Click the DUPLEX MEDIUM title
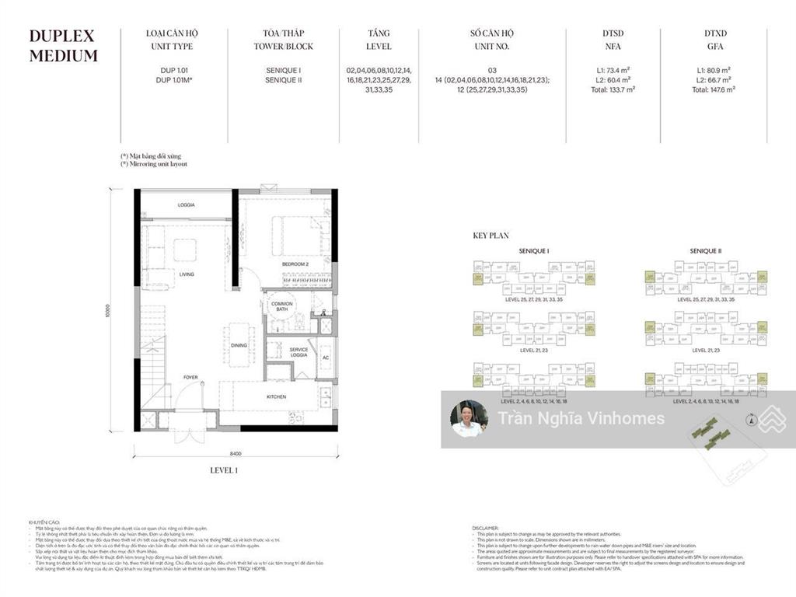coord(63,45)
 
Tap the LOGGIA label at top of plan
coord(186,204)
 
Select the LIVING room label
coord(187,274)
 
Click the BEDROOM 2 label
coord(295,264)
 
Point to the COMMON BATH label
coord(281,306)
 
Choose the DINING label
coord(239,345)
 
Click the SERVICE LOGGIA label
coord(298,352)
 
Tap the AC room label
coord(326,357)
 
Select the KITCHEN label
coord(276,396)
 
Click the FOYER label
coord(190,378)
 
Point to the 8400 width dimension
coord(236,453)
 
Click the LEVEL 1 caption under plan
coord(224,470)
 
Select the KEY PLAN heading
coord(491,235)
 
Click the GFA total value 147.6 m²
coord(713,89)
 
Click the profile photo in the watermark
coord(469,419)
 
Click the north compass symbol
coord(750,421)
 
